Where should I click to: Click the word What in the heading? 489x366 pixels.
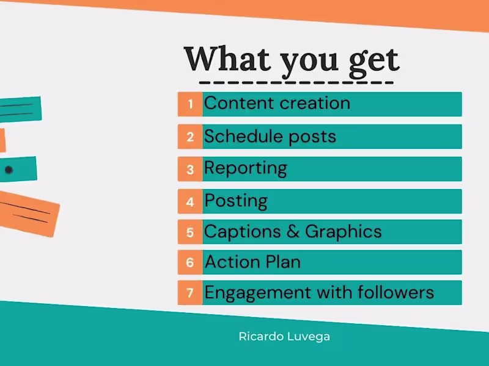pyautogui.click(x=226, y=59)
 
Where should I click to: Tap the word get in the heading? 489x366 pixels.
pyautogui.click(x=373, y=60)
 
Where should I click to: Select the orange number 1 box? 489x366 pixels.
pyautogui.click(x=190, y=104)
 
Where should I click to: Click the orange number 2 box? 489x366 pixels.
pyautogui.click(x=190, y=137)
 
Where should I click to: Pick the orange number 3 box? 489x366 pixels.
pyautogui.click(x=190, y=169)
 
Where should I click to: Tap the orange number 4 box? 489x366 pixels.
pyautogui.click(x=190, y=201)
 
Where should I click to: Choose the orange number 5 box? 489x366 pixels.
pyautogui.click(x=190, y=232)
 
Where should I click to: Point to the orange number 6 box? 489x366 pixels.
pyautogui.click(x=190, y=262)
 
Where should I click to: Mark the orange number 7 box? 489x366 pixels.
pyautogui.click(x=190, y=293)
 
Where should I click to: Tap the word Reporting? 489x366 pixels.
pyautogui.click(x=246, y=168)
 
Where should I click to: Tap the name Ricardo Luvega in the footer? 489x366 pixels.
pyautogui.click(x=284, y=336)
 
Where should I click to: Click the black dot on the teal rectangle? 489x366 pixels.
pyautogui.click(x=9, y=170)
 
